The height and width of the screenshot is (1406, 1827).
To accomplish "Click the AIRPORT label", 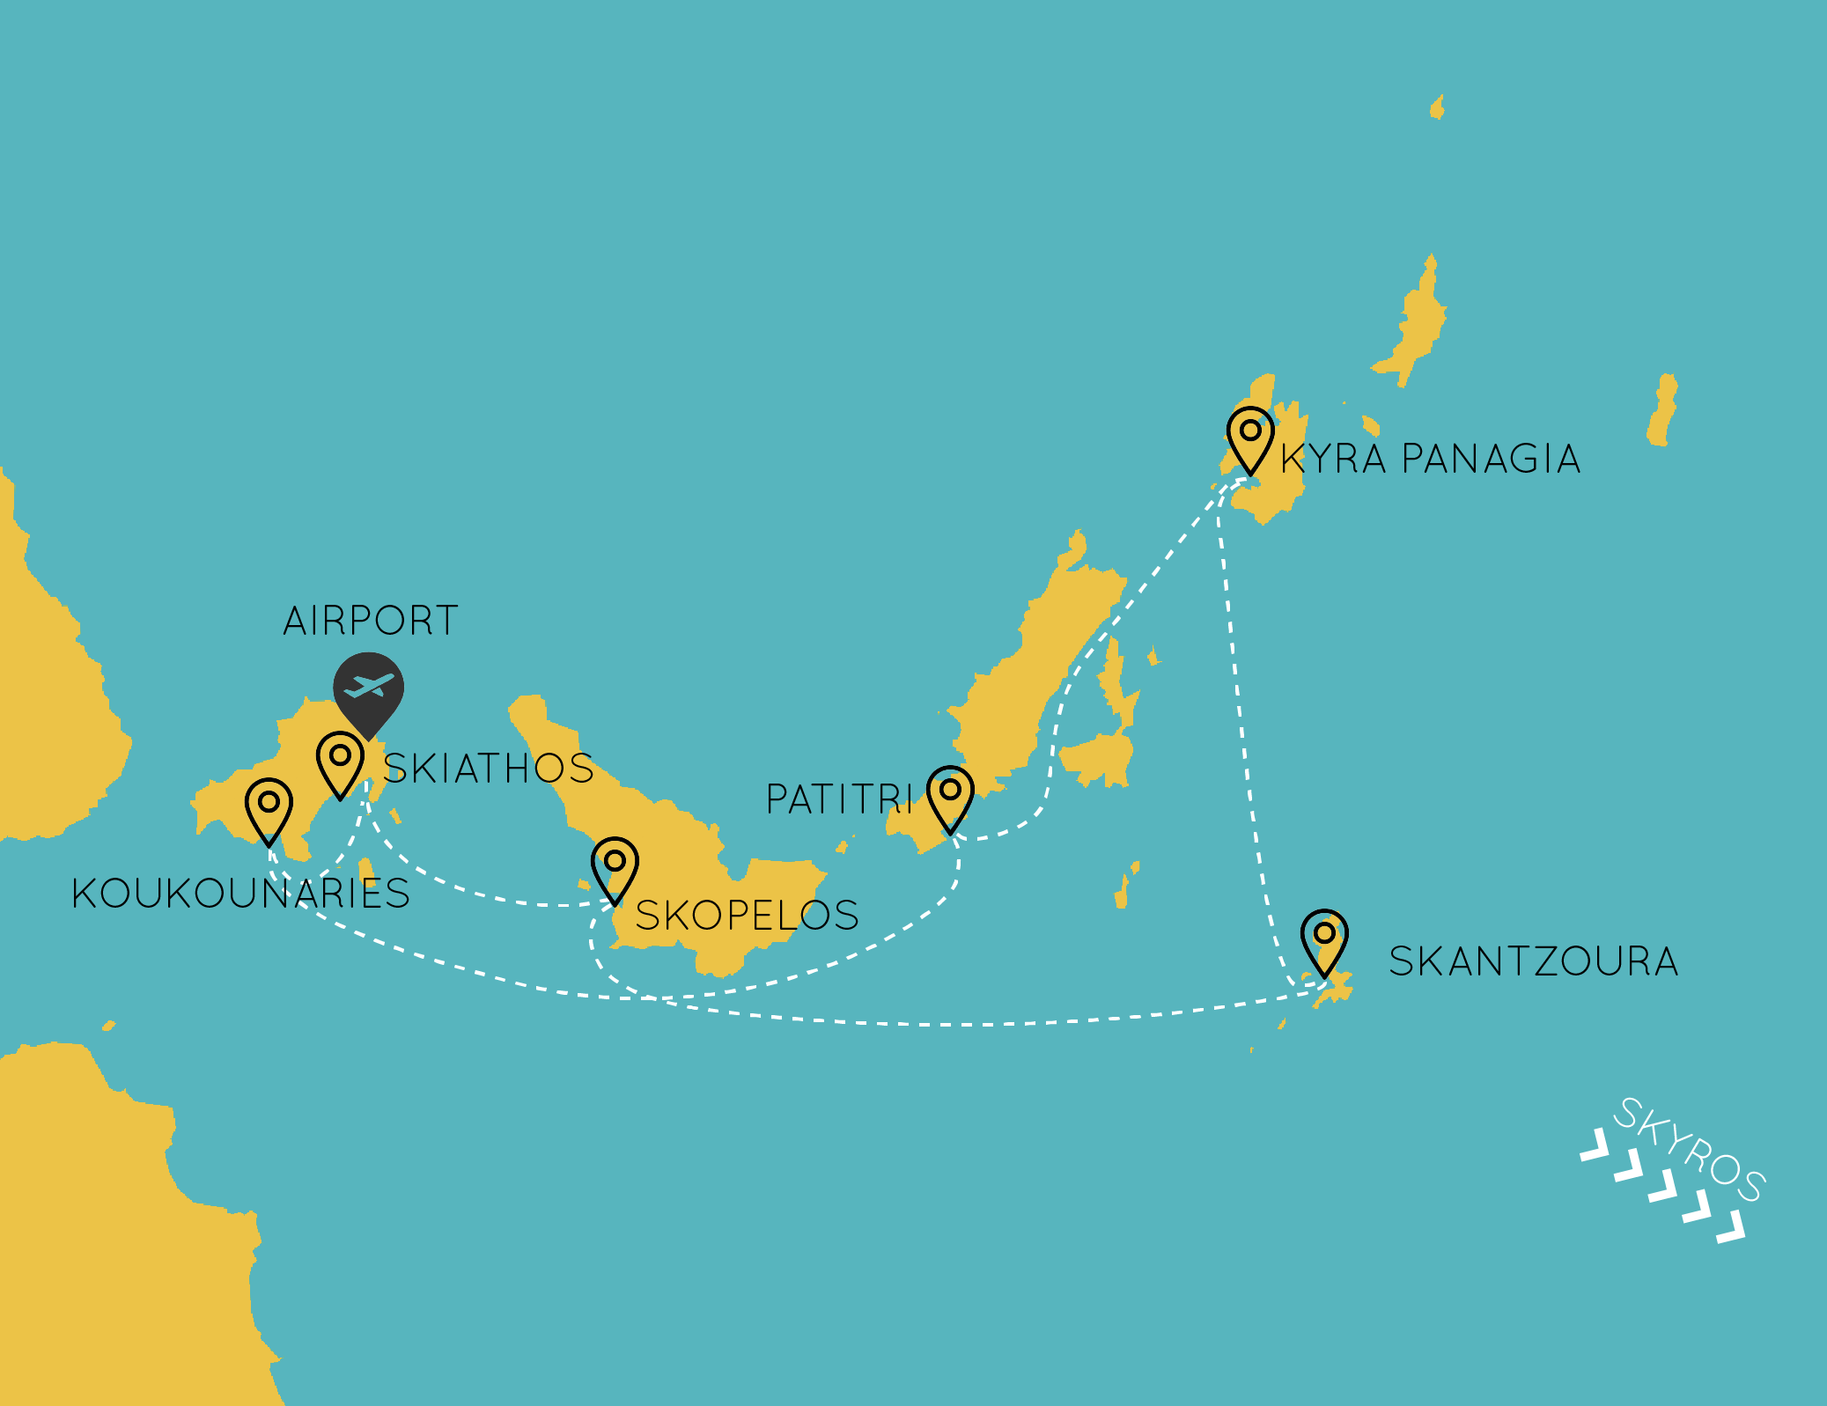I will coord(371,621).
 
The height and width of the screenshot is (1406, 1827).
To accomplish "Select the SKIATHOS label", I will coord(489,768).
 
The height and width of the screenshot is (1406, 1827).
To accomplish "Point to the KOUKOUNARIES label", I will coord(240,894).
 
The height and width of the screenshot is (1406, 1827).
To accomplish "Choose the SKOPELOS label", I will coord(747,916).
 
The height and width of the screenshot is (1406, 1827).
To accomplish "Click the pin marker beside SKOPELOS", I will coord(615,868).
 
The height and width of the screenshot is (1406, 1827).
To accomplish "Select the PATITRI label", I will coord(839,799).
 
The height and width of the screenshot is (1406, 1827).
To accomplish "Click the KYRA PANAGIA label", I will coord(1430,460).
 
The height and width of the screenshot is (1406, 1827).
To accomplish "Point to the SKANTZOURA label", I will coord(1533,961).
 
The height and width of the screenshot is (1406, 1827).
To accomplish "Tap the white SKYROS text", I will coord(1688,1149).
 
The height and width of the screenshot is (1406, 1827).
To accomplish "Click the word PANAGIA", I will coord(1491,460).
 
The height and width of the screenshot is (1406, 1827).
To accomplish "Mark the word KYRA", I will coord(1333,460).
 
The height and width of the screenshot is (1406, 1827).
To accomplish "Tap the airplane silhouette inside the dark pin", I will coord(369,684).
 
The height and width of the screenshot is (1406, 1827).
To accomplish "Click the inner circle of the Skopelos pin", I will coord(615,859).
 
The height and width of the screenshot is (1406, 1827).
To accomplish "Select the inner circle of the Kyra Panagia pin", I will coord(1250,431).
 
